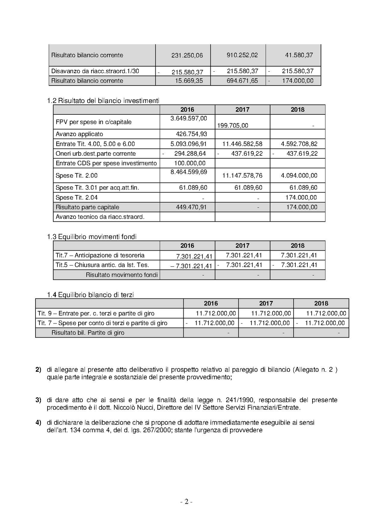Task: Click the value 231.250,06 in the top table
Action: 187,55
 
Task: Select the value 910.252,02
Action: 242,55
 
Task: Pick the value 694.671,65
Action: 242,81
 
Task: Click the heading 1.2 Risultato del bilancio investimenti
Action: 103,101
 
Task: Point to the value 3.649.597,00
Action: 189,118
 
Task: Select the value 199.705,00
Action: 233,126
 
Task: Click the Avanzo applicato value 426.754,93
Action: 191,134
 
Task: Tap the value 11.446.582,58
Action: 242,144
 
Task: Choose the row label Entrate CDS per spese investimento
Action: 106,163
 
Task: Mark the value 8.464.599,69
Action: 189,172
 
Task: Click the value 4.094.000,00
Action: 299,176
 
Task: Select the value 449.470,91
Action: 191,207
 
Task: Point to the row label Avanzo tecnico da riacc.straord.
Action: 100,217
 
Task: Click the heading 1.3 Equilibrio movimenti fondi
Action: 92,237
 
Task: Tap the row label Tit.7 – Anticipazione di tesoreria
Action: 100,255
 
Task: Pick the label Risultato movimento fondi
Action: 122,275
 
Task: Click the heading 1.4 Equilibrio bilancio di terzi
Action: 90,295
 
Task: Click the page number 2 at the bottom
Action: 186,502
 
